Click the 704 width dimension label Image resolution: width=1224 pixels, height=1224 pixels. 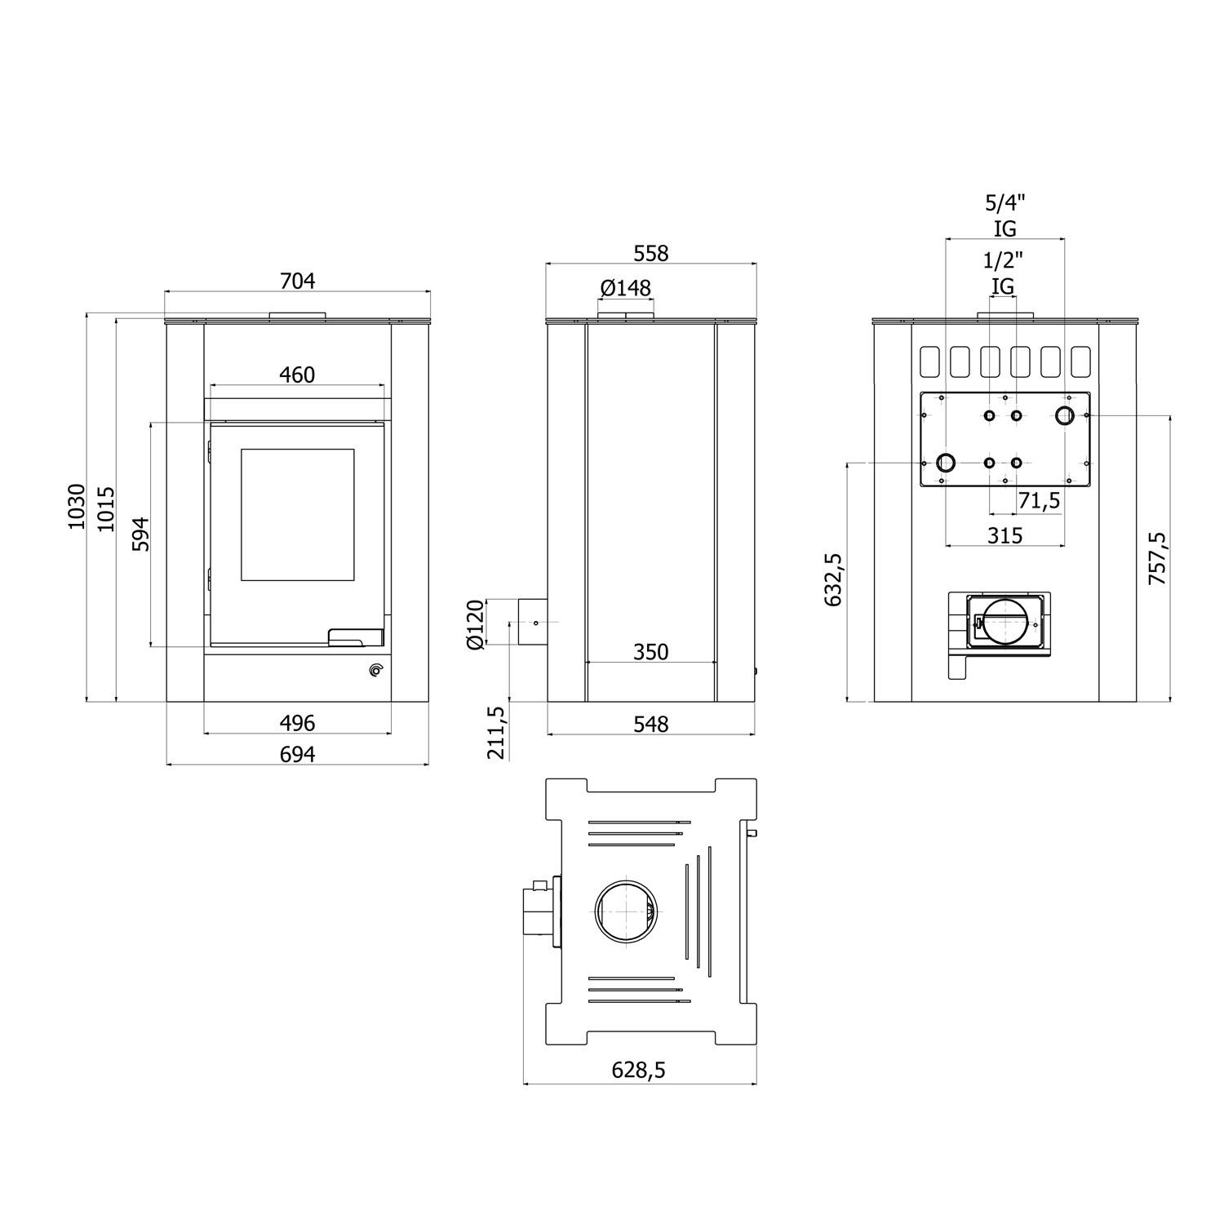pyautogui.click(x=297, y=281)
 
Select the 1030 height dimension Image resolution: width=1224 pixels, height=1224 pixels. pyautogui.click(x=77, y=506)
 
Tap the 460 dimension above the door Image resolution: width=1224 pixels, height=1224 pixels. pyautogui.click(x=297, y=375)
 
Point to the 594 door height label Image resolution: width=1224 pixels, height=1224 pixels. pyautogui.click(x=141, y=534)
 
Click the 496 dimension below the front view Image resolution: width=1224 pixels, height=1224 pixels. pyautogui.click(x=297, y=723)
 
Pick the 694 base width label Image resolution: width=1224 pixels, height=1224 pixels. pyautogui.click(x=297, y=754)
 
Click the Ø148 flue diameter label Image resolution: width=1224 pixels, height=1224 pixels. pyautogui.click(x=626, y=288)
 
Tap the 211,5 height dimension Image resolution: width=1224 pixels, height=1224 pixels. pyautogui.click(x=496, y=733)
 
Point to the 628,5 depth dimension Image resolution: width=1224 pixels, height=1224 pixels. pyautogui.click(x=639, y=1070)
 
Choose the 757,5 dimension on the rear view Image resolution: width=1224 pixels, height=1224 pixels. pyautogui.click(x=1157, y=558)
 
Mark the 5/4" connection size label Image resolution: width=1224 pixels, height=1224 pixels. pyautogui.click(x=1004, y=202)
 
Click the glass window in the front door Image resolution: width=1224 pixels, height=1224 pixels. pyautogui.click(x=297, y=514)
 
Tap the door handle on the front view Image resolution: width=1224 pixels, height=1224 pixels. pyautogui.click(x=355, y=637)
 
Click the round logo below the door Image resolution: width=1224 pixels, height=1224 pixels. pyautogui.click(x=375, y=671)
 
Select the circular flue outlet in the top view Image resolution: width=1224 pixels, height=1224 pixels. pyautogui.click(x=625, y=911)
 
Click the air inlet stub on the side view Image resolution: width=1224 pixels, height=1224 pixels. pyautogui.click(x=532, y=623)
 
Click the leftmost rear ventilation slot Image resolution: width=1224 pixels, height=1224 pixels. pyautogui.click(x=929, y=361)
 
